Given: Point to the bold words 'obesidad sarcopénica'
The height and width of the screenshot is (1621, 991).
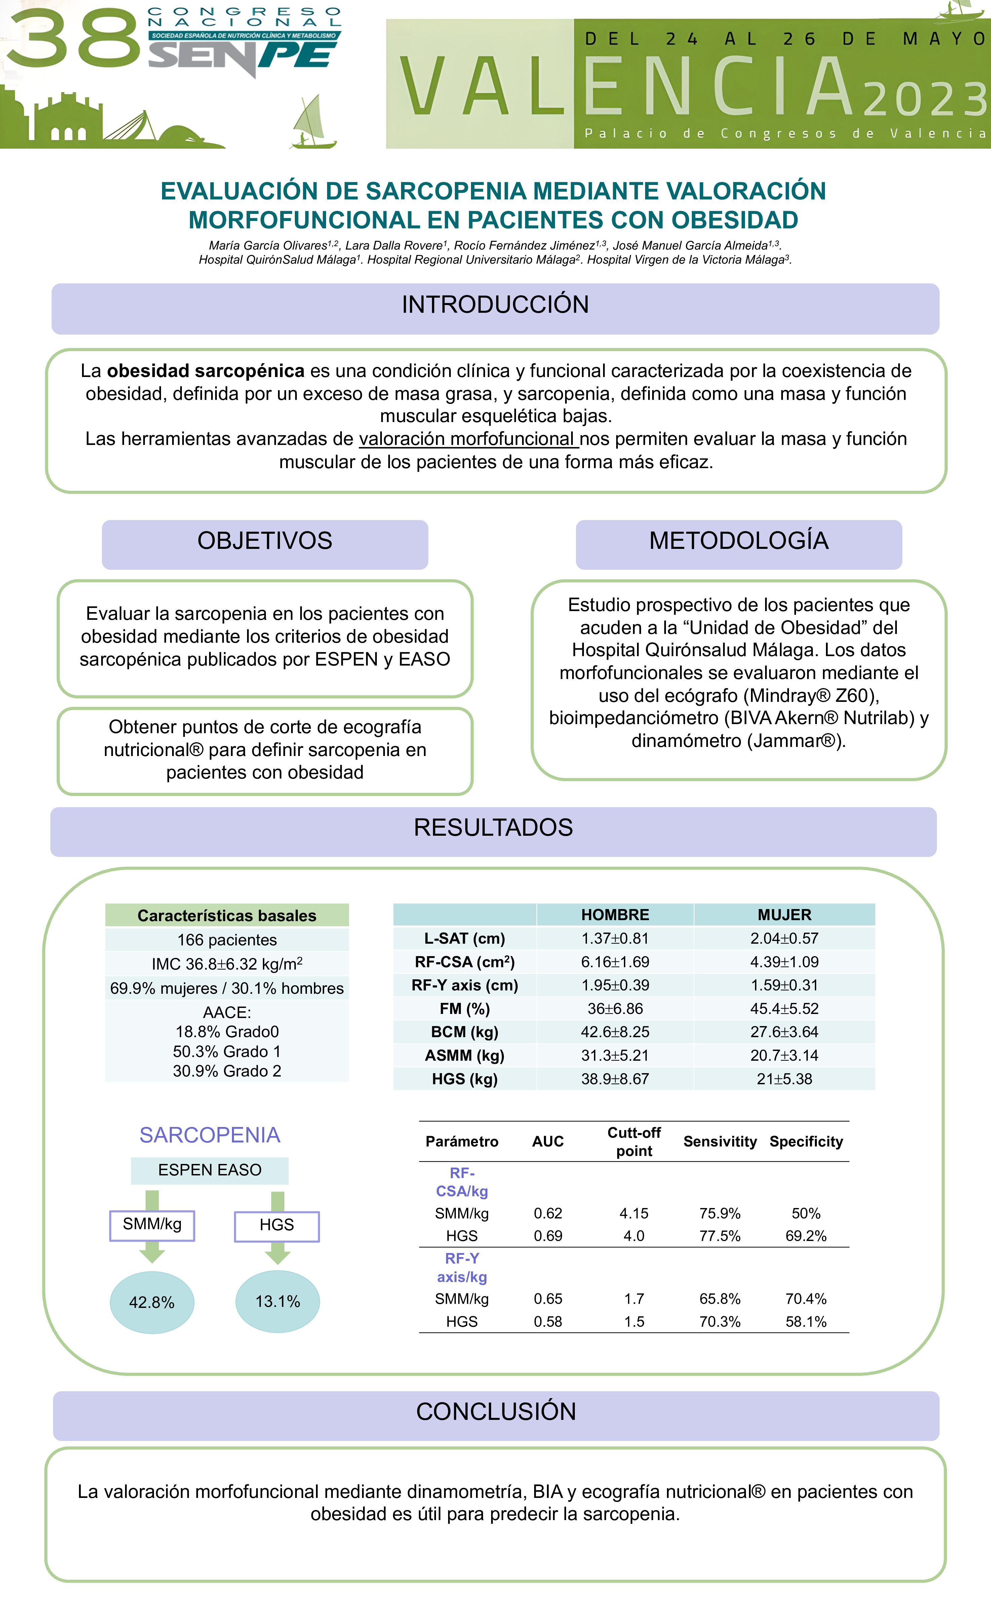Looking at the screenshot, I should [x=205, y=371].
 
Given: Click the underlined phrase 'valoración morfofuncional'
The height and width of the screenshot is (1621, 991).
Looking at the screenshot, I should [x=468, y=439].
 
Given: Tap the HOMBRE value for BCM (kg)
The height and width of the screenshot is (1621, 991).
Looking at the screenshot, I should [x=615, y=1031].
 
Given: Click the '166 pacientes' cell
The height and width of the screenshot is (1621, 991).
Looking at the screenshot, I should [x=227, y=939].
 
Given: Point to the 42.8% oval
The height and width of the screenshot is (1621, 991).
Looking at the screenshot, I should [x=152, y=1302].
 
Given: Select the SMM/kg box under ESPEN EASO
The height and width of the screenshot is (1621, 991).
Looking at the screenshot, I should [x=152, y=1224].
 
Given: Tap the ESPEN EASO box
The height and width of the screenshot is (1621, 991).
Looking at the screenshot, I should [x=210, y=1170].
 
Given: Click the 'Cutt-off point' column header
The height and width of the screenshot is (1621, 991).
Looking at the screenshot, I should [x=634, y=1141].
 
